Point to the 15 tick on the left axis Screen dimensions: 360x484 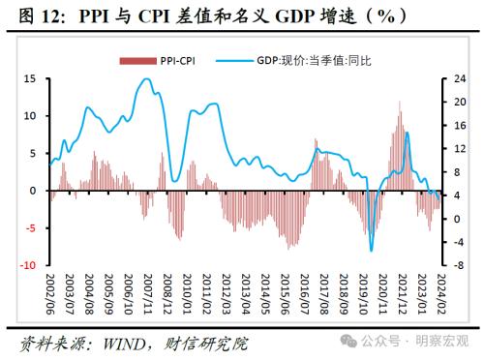[x=30, y=78]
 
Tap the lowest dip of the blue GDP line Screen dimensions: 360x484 [x=372, y=251]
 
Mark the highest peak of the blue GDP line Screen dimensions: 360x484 [x=145, y=79]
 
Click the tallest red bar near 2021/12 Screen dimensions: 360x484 [x=400, y=102]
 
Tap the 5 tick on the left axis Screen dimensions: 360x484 [x=32, y=153]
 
